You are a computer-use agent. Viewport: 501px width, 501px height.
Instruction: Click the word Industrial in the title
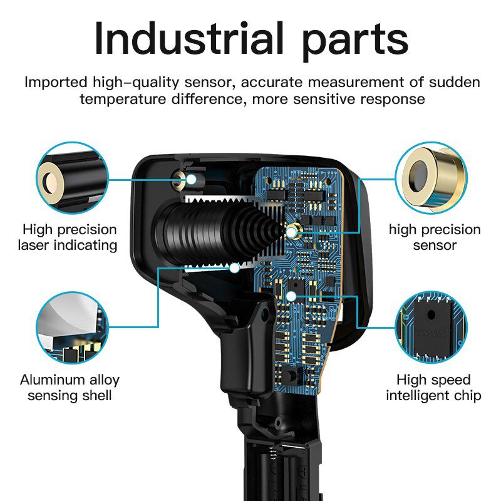[x=189, y=39]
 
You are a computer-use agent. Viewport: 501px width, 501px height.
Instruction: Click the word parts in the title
[x=355, y=42]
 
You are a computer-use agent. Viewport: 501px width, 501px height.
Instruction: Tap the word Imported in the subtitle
[x=56, y=83]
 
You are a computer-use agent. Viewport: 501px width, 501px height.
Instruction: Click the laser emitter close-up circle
[x=72, y=178]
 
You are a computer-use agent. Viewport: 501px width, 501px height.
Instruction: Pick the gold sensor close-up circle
[x=431, y=178]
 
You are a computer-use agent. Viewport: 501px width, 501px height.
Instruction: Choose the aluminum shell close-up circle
[x=72, y=328]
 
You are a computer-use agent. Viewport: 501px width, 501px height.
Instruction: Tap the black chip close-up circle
[x=431, y=327]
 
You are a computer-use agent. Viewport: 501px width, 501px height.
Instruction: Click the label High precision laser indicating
[x=68, y=237]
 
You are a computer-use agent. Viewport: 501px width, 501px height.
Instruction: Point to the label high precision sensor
[x=435, y=237]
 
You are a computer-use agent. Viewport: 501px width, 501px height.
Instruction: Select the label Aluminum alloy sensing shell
[x=70, y=388]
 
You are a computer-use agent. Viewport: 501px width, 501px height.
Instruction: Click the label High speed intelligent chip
[x=433, y=388]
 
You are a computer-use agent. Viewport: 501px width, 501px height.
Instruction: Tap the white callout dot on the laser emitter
[x=191, y=179]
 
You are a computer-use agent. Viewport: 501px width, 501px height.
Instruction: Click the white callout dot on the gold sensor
[x=291, y=232]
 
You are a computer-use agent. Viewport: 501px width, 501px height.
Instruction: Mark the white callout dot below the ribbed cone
[x=235, y=268]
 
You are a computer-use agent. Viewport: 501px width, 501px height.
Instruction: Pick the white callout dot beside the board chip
[x=291, y=296]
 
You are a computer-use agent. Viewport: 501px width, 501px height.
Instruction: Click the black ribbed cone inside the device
[x=217, y=232]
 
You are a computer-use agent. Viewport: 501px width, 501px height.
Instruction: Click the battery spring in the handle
[x=272, y=453]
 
